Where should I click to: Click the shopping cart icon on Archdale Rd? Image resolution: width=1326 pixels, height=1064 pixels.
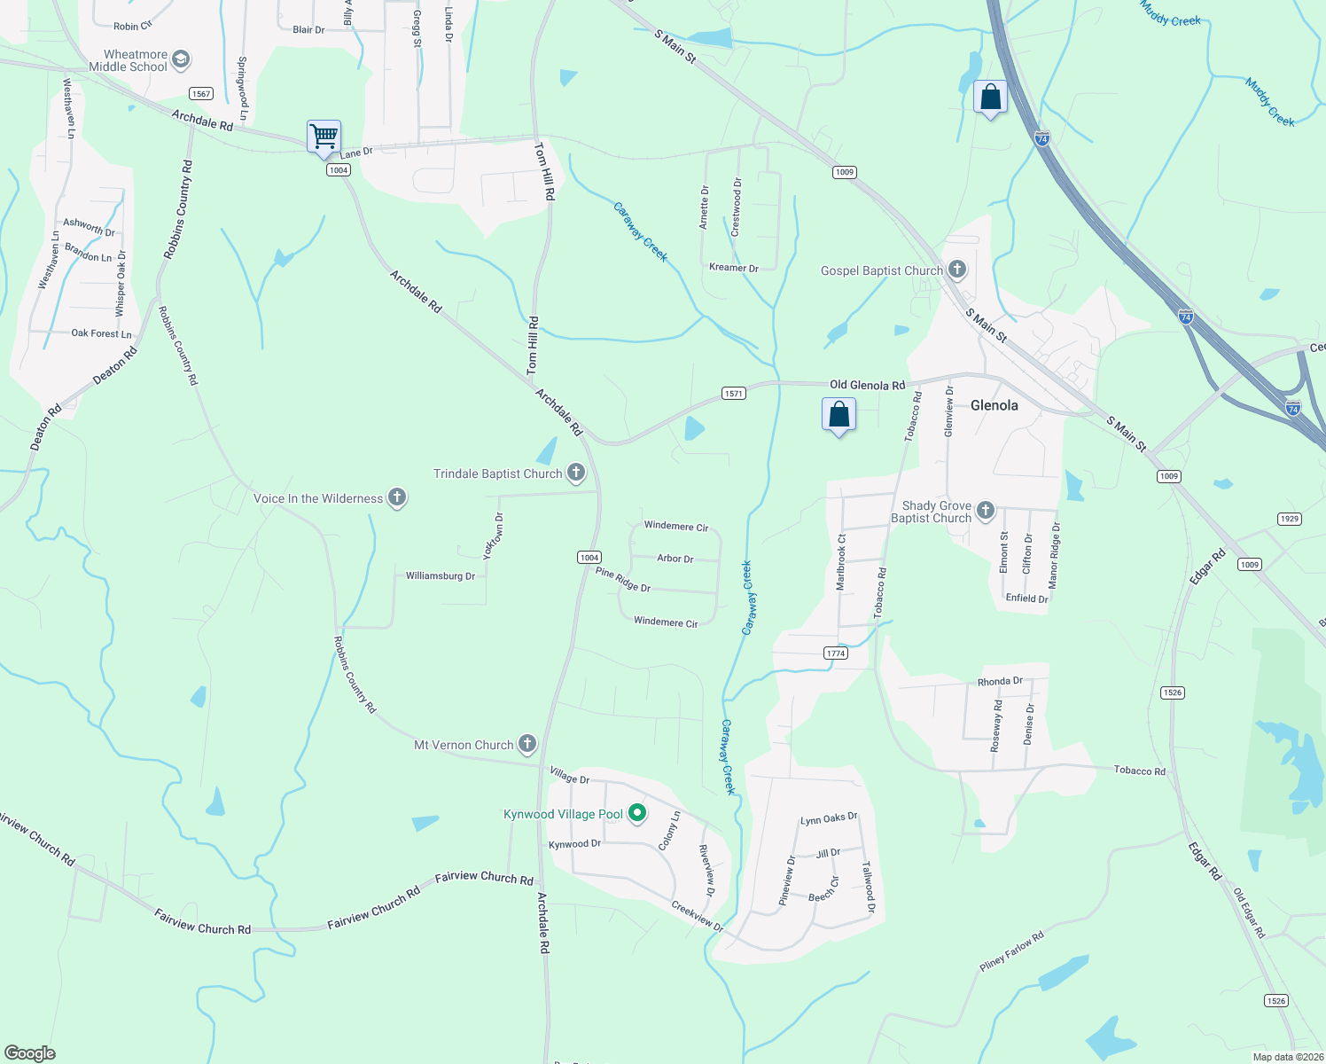pyautogui.click(x=324, y=137)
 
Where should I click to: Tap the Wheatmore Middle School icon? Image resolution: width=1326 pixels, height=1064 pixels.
pyautogui.click(x=181, y=60)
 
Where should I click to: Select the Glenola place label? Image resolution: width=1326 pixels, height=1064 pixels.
pyautogui.click(x=994, y=405)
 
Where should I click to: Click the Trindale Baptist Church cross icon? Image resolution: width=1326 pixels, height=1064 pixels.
pyautogui.click(x=576, y=473)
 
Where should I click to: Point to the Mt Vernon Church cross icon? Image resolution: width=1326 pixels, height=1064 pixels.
pyautogui.click(x=527, y=744)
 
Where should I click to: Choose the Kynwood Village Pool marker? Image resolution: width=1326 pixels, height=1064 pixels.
pyautogui.click(x=636, y=813)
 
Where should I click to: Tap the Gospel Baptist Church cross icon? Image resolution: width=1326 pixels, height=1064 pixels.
pyautogui.click(x=956, y=270)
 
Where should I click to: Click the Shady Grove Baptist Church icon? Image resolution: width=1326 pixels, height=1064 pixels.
pyautogui.click(x=985, y=511)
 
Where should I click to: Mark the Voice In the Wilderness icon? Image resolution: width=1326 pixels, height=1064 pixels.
pyautogui.click(x=397, y=497)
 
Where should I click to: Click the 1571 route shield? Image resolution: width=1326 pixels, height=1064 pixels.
pyautogui.click(x=733, y=394)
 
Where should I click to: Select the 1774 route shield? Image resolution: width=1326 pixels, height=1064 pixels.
pyautogui.click(x=836, y=653)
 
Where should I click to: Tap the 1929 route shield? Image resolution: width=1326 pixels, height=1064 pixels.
pyautogui.click(x=1289, y=519)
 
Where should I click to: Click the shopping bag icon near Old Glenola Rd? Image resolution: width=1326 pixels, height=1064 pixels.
pyautogui.click(x=838, y=415)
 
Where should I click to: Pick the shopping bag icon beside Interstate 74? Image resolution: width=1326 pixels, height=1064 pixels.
pyautogui.click(x=990, y=97)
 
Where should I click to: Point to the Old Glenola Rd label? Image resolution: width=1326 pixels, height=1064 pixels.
pyautogui.click(x=867, y=385)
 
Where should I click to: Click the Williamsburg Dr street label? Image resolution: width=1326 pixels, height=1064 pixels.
pyautogui.click(x=441, y=576)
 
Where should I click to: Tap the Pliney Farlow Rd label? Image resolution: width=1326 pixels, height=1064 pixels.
pyautogui.click(x=1011, y=951)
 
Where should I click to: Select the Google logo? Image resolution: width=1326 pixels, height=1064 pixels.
pyautogui.click(x=30, y=1053)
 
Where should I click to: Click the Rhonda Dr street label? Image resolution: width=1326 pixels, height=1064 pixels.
pyautogui.click(x=1000, y=682)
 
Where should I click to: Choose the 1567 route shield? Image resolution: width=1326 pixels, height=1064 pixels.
pyautogui.click(x=201, y=94)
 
